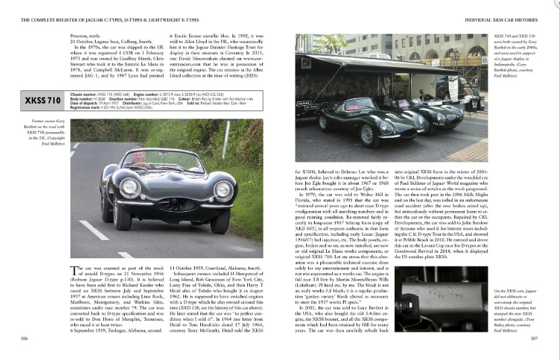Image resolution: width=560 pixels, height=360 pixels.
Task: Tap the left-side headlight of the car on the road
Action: point(129,187)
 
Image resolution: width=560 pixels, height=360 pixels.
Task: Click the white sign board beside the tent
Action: point(454,87)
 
